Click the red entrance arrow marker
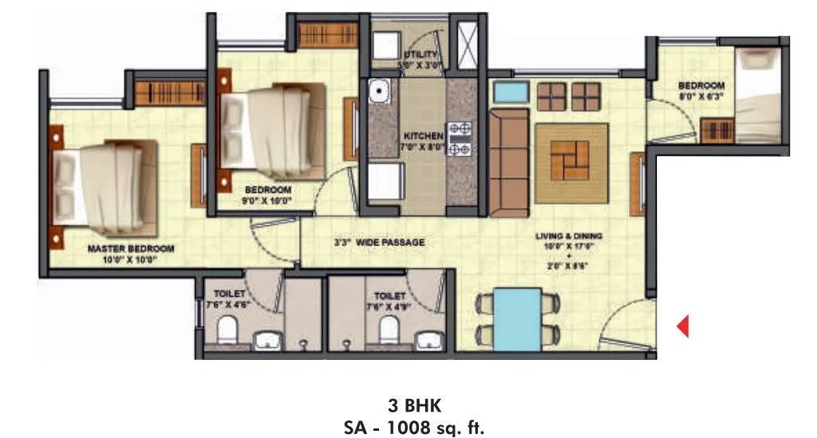[682, 326]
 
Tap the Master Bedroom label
[131, 248]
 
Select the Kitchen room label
[423, 136]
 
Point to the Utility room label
[420, 54]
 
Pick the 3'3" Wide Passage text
[379, 242]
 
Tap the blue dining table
[517, 318]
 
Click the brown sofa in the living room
[508, 162]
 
